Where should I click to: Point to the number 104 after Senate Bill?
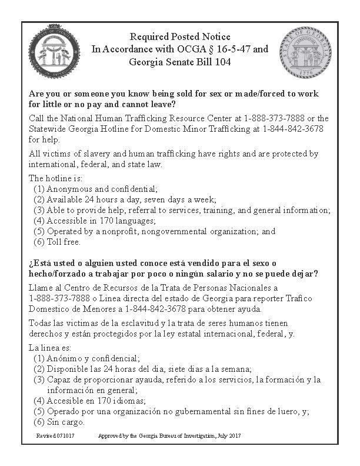pyautogui.click(x=214, y=61)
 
